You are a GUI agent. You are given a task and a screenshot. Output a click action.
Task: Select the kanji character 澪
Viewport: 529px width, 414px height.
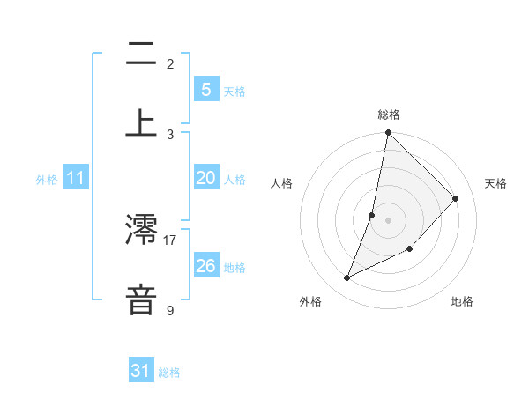(x=142, y=228)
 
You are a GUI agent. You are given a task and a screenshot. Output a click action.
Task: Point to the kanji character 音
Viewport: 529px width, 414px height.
(x=142, y=299)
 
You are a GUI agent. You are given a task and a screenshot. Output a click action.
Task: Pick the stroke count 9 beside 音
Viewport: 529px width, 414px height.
(x=170, y=310)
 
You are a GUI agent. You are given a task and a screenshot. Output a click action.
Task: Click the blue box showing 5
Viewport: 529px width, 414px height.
(x=205, y=90)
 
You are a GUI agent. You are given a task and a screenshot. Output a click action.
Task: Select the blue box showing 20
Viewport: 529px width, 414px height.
(x=205, y=178)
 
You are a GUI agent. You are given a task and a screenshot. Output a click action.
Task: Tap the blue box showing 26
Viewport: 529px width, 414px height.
(x=205, y=266)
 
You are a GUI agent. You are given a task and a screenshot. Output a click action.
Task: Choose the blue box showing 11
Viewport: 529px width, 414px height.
(x=76, y=178)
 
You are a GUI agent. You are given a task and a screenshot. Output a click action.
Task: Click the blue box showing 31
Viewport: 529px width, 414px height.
(x=141, y=371)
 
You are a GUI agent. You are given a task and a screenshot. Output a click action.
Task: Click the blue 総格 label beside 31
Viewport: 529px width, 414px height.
(x=169, y=373)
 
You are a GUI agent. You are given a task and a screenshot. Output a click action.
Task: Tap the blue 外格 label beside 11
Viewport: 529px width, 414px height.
(x=47, y=180)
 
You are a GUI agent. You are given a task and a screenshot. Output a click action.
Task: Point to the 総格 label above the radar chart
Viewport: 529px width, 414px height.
(x=389, y=115)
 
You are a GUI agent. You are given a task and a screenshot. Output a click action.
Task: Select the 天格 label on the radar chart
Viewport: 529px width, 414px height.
(x=495, y=183)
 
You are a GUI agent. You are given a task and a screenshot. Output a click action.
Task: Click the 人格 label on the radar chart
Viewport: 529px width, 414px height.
(x=282, y=183)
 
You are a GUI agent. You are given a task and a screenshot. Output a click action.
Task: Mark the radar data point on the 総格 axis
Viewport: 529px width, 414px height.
(x=388, y=133)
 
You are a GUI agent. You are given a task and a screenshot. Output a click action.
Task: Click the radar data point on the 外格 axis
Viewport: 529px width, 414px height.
(x=346, y=278)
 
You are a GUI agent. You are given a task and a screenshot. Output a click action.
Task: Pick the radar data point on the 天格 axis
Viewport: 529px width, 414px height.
(x=456, y=198)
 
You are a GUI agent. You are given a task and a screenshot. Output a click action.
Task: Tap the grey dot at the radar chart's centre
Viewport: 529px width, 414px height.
(x=388, y=219)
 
